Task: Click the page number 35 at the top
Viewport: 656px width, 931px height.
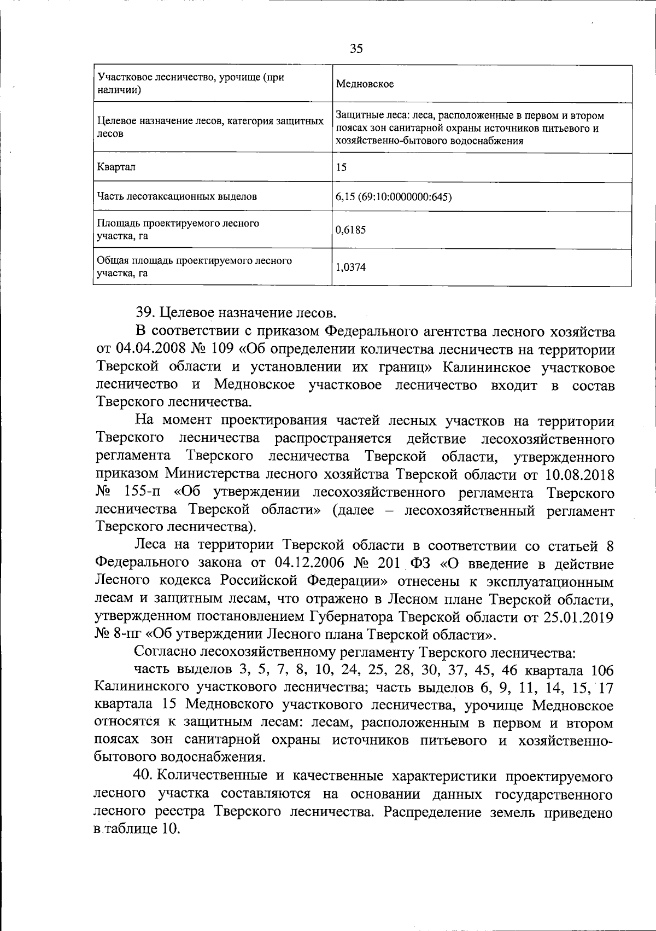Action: (356, 49)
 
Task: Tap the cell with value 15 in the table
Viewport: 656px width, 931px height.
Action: (341, 167)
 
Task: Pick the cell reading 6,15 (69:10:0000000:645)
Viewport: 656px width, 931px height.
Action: (394, 197)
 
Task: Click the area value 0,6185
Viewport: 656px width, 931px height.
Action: (351, 230)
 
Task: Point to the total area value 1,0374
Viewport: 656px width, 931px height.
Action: (351, 267)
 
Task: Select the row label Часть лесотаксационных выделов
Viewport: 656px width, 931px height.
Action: (177, 196)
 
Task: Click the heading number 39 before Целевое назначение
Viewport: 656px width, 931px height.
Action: (144, 313)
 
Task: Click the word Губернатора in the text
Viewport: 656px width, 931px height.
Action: (351, 617)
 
